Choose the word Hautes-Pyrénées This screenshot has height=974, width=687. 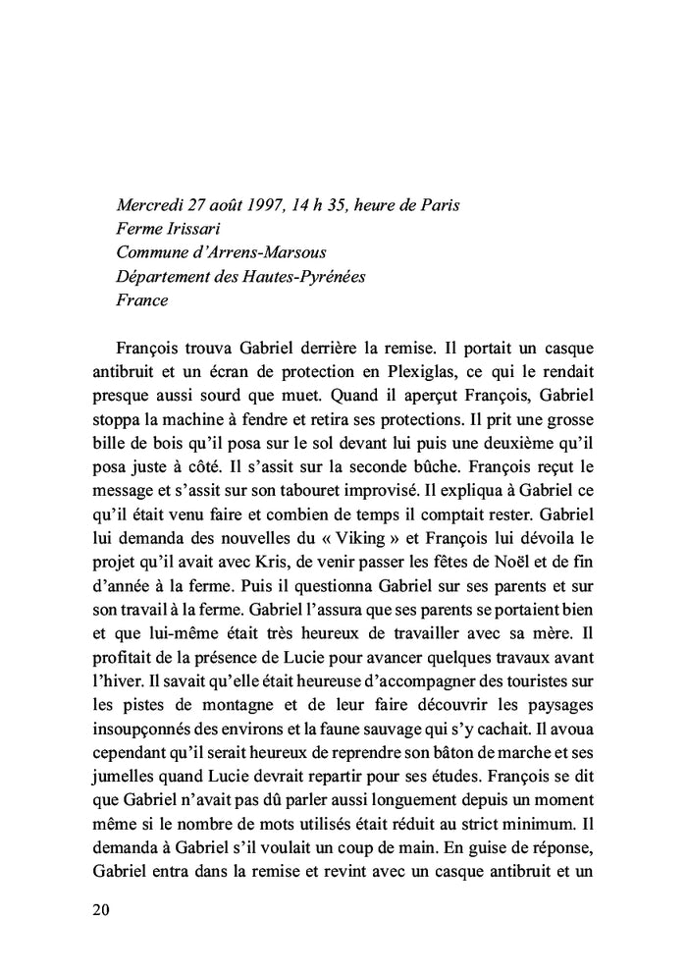(x=306, y=277)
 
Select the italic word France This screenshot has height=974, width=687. (x=141, y=300)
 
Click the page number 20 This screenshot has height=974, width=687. (x=100, y=909)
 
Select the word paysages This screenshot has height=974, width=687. (x=559, y=677)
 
